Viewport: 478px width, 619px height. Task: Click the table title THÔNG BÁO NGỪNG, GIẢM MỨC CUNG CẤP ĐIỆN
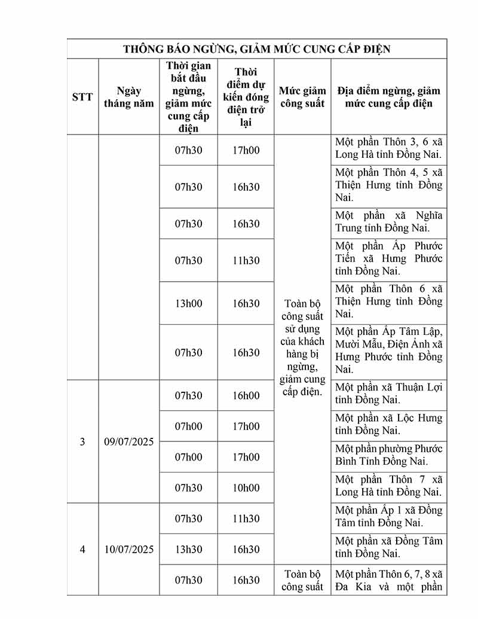(x=257, y=49)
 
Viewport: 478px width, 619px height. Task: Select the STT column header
(x=82, y=96)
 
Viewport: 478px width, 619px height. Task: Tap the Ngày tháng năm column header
(x=128, y=96)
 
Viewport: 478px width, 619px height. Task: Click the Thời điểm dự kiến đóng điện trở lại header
(x=246, y=96)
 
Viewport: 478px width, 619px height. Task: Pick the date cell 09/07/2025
(x=128, y=442)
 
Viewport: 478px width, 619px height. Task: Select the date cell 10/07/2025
(x=128, y=550)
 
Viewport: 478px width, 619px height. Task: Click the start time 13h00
(x=189, y=304)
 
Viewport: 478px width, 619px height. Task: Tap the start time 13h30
(x=189, y=550)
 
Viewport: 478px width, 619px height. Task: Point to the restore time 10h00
(x=246, y=488)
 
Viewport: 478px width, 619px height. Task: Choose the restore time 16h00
(x=246, y=396)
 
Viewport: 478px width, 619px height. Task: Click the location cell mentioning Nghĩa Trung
(x=389, y=222)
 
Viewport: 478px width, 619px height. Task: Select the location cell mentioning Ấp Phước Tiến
(x=389, y=259)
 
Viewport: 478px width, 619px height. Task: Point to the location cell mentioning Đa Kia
(x=389, y=580)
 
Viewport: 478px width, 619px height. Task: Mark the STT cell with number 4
(x=82, y=550)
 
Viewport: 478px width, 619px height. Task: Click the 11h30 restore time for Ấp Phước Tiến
(x=246, y=261)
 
